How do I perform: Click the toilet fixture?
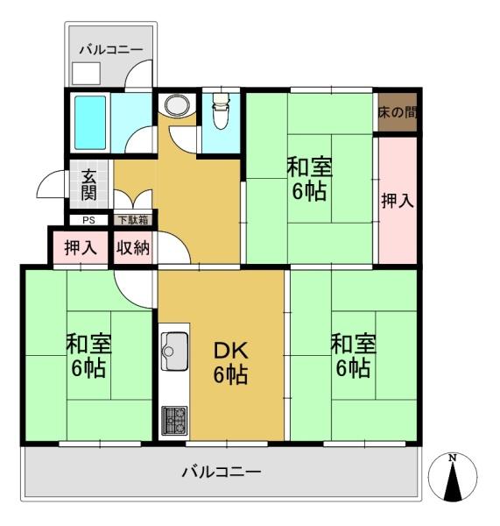[x=221, y=110]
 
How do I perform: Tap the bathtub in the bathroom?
[x=90, y=123]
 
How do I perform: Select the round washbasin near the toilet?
[x=177, y=105]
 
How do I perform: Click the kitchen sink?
[x=174, y=351]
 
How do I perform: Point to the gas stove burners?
[x=174, y=420]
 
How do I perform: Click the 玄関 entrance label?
[x=88, y=185]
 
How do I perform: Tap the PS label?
[x=88, y=220]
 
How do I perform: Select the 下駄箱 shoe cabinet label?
[x=133, y=220]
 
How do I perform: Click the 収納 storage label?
[x=133, y=248]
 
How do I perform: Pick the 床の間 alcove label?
[x=398, y=112]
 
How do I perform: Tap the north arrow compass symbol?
[x=453, y=477]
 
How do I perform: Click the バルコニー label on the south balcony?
[x=222, y=472]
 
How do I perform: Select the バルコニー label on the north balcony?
[x=111, y=50]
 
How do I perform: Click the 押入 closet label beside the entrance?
[x=81, y=248]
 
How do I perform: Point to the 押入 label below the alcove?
[x=398, y=201]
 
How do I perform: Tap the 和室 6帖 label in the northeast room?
[x=310, y=179]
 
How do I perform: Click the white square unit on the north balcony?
[x=86, y=73]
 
